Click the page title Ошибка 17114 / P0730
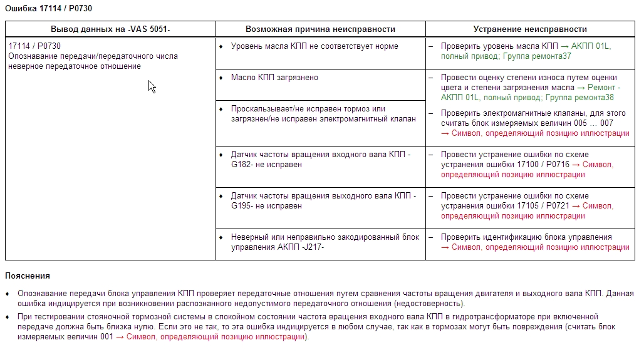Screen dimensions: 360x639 (x=43, y=8)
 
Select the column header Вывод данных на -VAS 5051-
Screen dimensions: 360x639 (x=110, y=29)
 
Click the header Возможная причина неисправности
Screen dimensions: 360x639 (x=320, y=29)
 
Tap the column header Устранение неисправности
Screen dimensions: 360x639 (x=530, y=29)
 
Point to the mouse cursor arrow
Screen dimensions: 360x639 (x=151, y=86)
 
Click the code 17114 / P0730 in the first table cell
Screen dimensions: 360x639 (x=34, y=46)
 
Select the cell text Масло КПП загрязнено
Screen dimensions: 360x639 (x=274, y=78)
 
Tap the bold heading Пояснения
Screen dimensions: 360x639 (x=27, y=276)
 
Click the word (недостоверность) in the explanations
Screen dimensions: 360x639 (x=427, y=304)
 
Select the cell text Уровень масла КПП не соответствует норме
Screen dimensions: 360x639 (x=314, y=46)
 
